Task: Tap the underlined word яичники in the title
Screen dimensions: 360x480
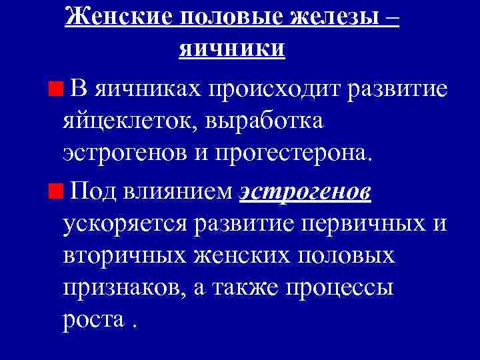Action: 233,48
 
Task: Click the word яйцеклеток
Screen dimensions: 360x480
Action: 133,122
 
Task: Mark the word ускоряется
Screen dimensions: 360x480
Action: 125,225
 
